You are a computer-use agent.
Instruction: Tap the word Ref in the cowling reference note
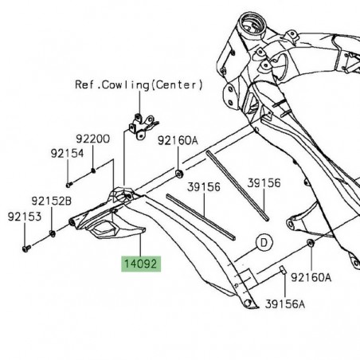click(84, 84)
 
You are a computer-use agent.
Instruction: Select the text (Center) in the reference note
click(180, 84)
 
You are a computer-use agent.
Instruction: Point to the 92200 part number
click(95, 139)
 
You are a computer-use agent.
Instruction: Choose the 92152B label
click(52, 202)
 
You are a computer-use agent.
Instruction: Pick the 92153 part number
click(23, 216)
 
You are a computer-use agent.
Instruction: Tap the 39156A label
click(285, 303)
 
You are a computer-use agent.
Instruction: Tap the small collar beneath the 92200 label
click(93, 169)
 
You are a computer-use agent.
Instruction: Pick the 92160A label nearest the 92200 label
click(177, 141)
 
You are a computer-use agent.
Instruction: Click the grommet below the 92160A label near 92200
click(177, 172)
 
